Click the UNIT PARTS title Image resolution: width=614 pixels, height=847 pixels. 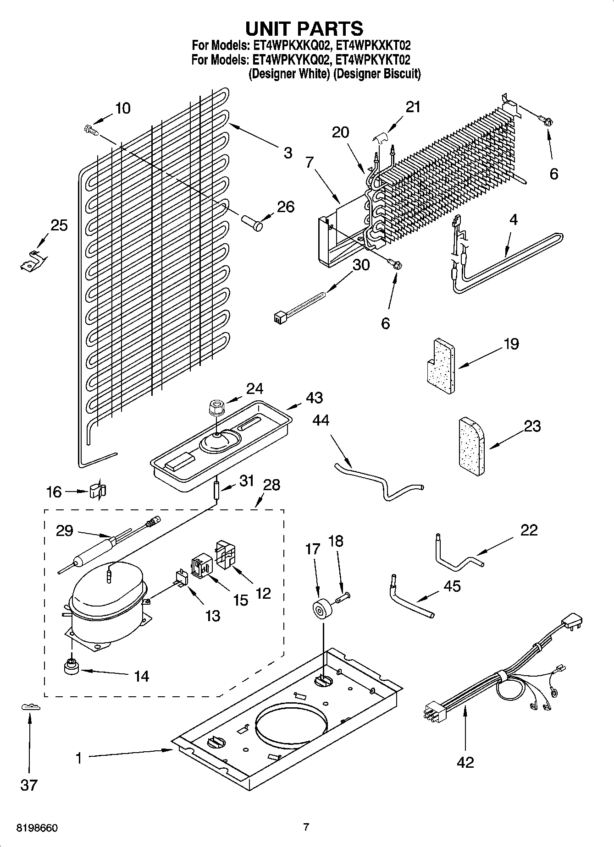click(304, 28)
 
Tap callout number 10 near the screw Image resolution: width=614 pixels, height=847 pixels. click(122, 109)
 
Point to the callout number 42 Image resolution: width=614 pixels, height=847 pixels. click(465, 762)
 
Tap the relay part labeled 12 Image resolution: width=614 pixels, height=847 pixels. click(227, 555)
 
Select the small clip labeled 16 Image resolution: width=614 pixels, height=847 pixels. click(97, 491)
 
